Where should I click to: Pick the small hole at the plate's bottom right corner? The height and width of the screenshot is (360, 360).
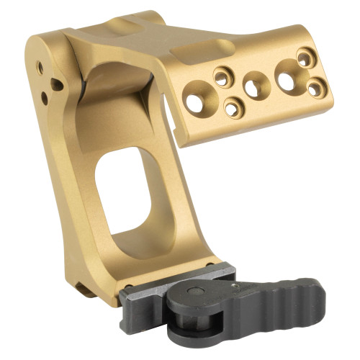pos(315,87)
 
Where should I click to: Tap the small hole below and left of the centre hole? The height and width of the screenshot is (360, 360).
pos(233,109)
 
